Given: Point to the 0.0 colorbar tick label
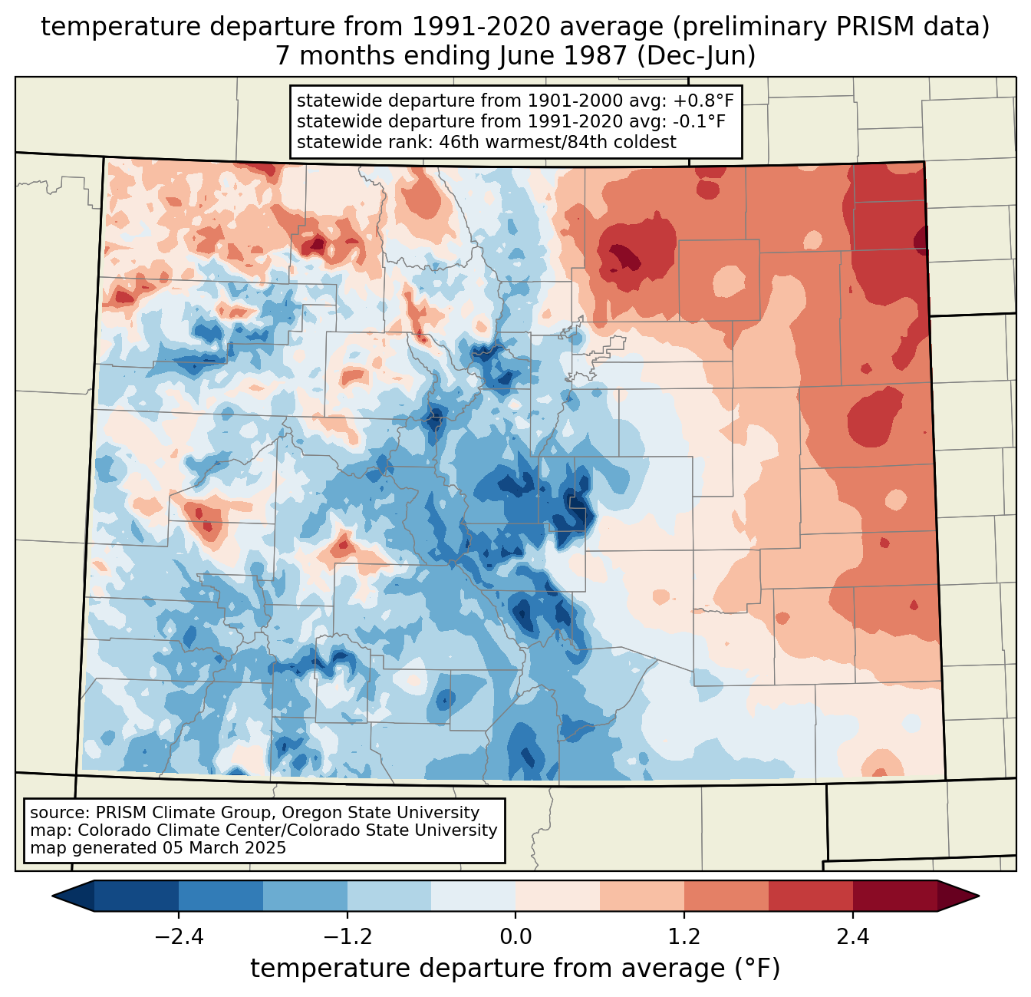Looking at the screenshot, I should pos(515,937).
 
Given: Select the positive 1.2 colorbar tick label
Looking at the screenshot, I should pos(684,937).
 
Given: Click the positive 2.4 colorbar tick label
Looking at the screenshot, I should pos(853,937).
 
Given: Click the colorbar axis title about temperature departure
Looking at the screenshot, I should pos(515,969).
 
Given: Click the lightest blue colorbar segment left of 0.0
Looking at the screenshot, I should pos(473,896).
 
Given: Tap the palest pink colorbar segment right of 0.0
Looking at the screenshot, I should pos(558,896).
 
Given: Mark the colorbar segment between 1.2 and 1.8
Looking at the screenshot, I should pos(726,896).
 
